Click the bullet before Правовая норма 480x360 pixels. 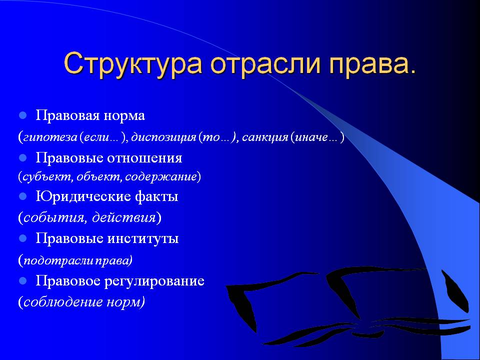22,115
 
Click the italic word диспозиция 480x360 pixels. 163,137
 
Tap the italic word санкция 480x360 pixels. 265,137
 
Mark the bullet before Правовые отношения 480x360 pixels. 22,158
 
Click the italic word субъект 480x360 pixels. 48,177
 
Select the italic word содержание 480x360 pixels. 160,177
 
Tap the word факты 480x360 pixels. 156,196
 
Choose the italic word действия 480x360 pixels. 124,217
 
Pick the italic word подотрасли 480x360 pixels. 59,260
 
